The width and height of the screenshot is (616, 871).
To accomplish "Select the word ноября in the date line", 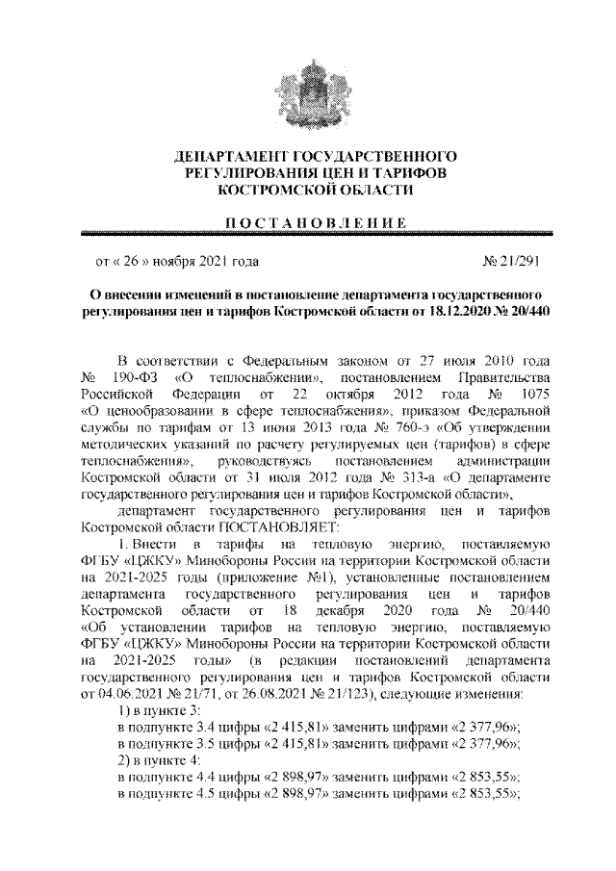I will point(175,261).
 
